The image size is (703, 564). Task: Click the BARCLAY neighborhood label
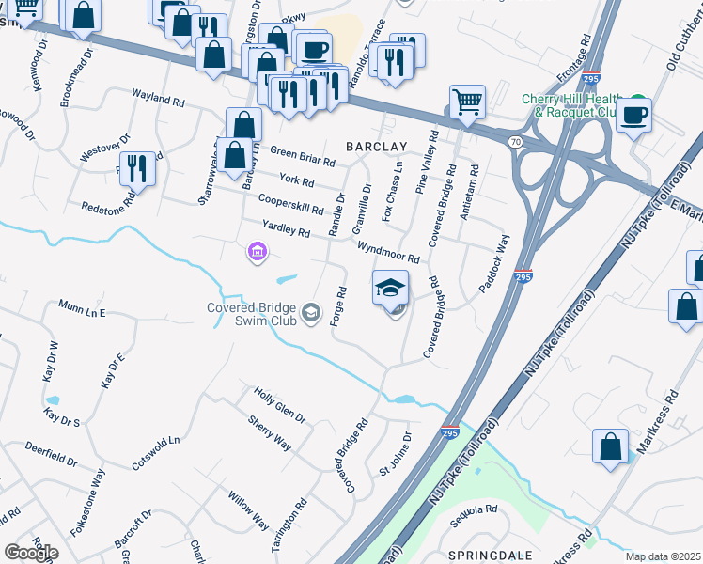tap(376, 147)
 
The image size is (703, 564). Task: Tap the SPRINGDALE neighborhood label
tap(484, 556)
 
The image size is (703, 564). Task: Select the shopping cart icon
tap(466, 101)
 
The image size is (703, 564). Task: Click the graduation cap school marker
tap(390, 288)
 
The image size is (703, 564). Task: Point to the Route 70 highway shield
tap(514, 141)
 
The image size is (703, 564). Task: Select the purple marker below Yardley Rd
tap(256, 252)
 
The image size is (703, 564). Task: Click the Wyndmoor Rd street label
tap(387, 252)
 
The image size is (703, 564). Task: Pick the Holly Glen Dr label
tap(280, 404)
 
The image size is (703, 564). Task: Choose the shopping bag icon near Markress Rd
tap(611, 447)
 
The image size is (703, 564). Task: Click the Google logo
tap(31, 553)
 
